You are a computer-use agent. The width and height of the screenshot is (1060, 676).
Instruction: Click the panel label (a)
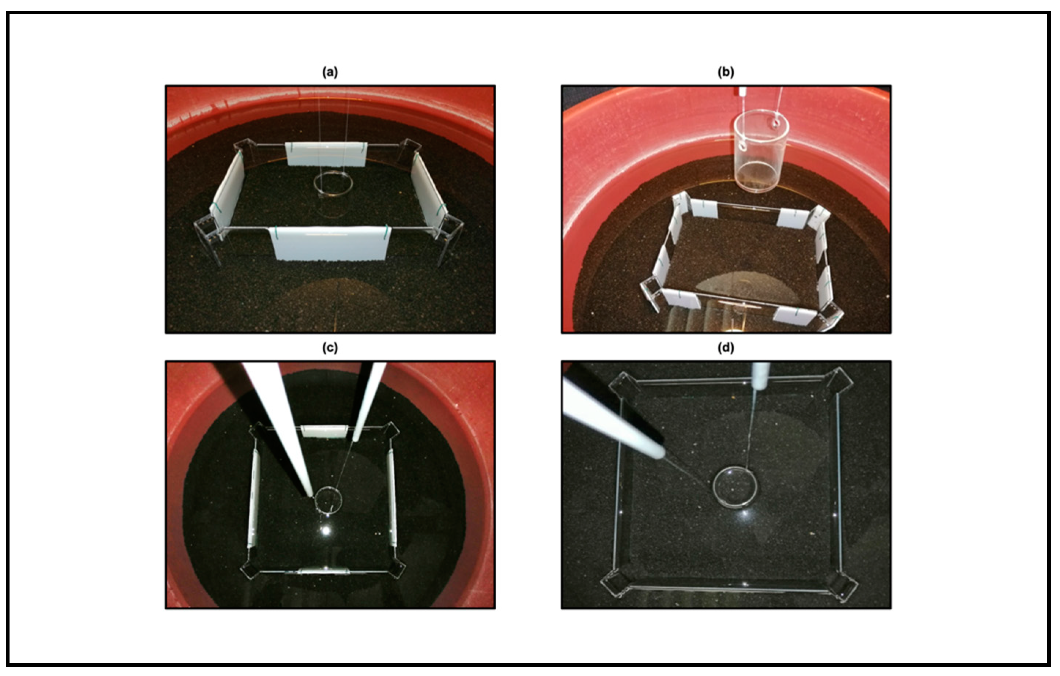click(x=330, y=72)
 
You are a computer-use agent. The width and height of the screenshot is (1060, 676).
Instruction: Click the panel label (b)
click(x=726, y=72)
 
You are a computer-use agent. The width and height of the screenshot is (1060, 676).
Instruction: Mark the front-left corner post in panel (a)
click(x=208, y=240)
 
